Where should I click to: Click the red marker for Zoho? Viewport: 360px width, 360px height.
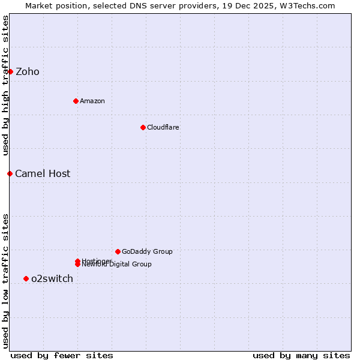(10, 71)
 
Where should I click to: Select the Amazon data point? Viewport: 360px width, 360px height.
(76, 101)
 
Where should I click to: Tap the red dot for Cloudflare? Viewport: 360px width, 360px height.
(143, 127)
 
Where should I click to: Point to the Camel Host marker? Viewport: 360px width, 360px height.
(10, 173)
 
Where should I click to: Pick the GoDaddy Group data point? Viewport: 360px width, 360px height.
(118, 251)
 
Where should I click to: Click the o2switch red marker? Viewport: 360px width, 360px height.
(26, 278)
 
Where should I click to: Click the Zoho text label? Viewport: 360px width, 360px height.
(28, 72)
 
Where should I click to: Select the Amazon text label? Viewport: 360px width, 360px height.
(92, 101)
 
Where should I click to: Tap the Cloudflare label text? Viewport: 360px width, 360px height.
(163, 127)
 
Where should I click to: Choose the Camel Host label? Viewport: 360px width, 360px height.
(43, 174)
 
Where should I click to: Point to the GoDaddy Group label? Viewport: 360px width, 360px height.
(147, 251)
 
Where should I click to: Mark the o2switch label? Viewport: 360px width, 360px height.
(52, 279)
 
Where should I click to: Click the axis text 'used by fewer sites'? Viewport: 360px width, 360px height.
(62, 355)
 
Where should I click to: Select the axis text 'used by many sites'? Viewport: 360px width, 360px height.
(301, 355)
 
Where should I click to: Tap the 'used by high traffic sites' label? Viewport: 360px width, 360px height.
(5, 85)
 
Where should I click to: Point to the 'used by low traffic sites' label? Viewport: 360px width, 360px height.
(5, 281)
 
